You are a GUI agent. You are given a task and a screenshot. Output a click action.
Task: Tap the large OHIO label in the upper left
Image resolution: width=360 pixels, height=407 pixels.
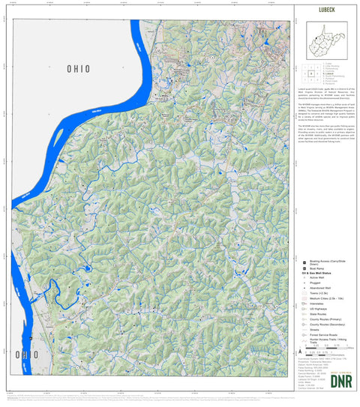pos(78,69)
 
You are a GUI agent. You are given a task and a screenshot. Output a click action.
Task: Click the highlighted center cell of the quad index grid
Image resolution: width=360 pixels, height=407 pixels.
pos(310,74)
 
